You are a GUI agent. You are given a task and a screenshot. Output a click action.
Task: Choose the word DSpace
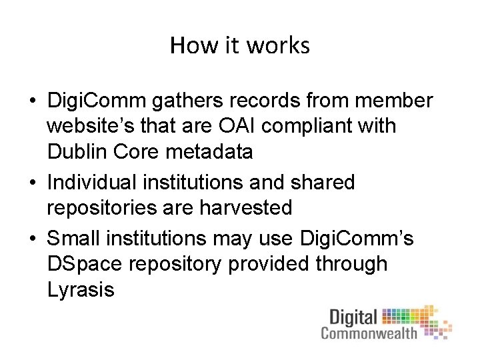[x=86, y=264]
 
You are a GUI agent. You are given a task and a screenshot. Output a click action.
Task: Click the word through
[x=353, y=263]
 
